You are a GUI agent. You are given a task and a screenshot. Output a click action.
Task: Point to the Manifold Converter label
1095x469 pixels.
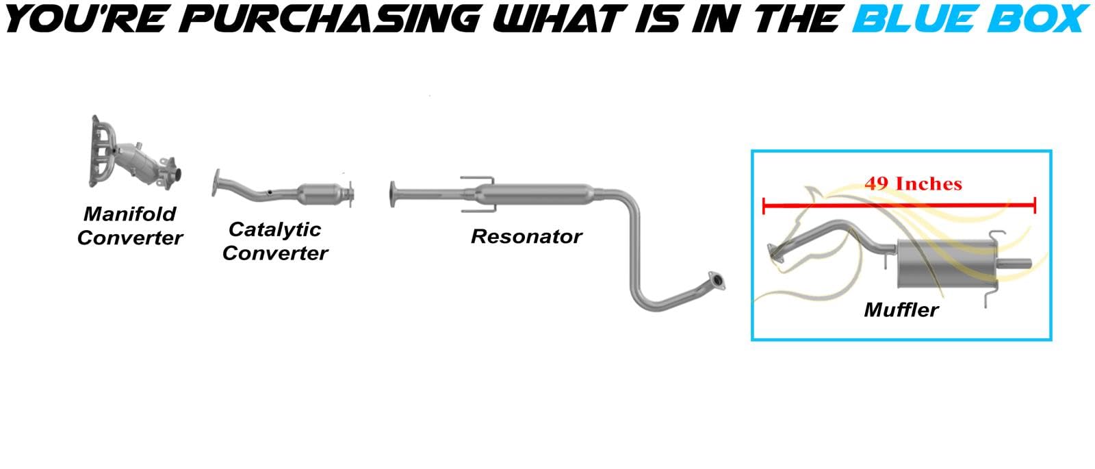click(x=130, y=226)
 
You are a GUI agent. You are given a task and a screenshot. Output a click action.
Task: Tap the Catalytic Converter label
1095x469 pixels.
click(x=275, y=241)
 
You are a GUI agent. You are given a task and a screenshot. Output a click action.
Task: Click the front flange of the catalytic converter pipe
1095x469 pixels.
click(x=216, y=183)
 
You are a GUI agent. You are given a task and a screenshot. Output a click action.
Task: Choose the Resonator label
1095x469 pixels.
click(x=526, y=237)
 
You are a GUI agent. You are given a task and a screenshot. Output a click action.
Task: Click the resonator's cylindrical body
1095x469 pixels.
click(x=535, y=194)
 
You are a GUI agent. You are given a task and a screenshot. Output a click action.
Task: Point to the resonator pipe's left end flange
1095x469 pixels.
click(x=393, y=194)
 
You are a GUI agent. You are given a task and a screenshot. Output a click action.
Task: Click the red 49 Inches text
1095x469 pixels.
click(x=913, y=184)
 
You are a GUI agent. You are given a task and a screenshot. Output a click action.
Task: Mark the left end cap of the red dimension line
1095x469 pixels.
click(x=764, y=206)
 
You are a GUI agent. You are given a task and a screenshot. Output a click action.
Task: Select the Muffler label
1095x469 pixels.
click(x=901, y=310)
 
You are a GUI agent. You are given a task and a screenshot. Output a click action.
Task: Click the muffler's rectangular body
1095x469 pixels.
click(x=946, y=264)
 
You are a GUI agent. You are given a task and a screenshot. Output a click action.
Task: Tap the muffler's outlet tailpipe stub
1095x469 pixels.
click(x=1014, y=264)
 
